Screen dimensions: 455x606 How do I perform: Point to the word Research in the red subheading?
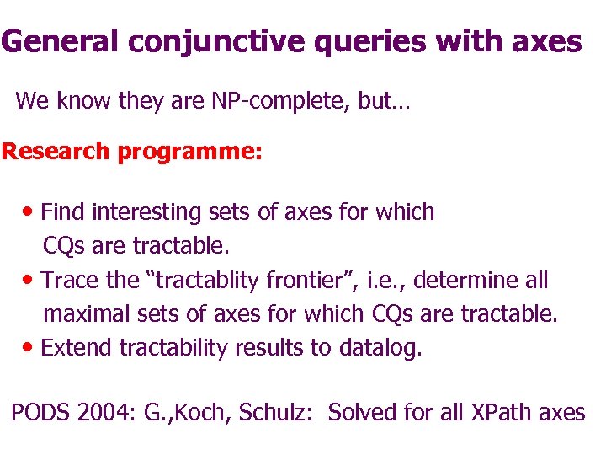[x=56, y=152]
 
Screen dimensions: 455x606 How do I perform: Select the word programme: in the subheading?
[x=189, y=153]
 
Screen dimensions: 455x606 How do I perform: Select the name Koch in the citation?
[x=204, y=413]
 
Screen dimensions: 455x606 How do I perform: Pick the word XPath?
[x=500, y=413]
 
